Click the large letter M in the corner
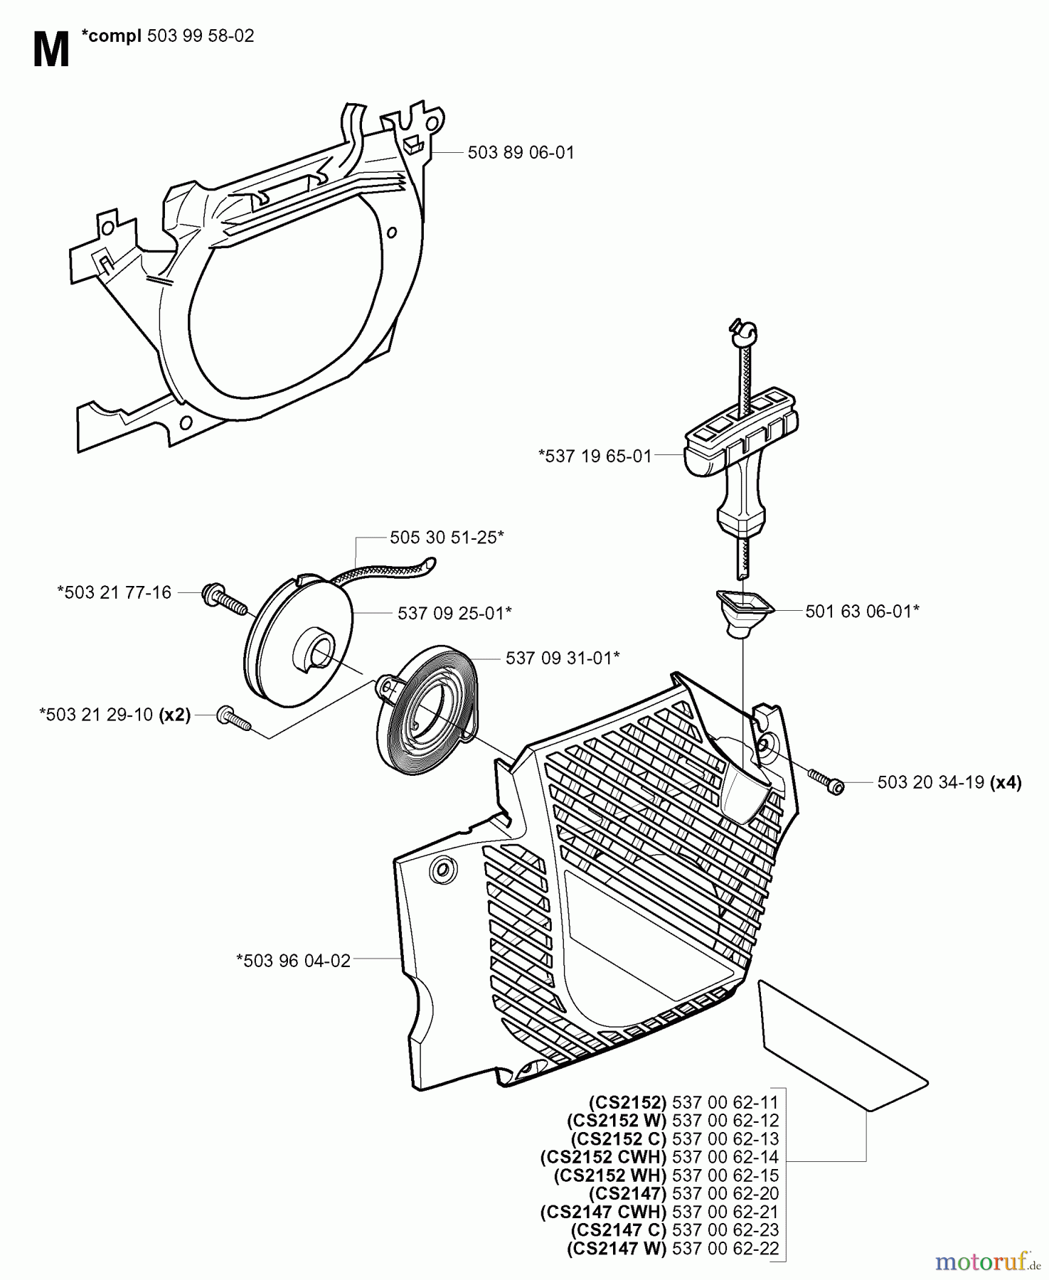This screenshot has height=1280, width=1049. pyautogui.click(x=51, y=51)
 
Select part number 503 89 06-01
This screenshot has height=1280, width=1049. pyautogui.click(x=521, y=153)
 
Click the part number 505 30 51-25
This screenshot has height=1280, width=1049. pyautogui.click(x=446, y=538)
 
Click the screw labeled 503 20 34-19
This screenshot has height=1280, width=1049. pyautogui.click(x=825, y=779)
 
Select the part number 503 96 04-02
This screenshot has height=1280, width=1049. pyautogui.click(x=293, y=961)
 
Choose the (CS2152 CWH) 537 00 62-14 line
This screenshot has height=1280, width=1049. pyautogui.click(x=659, y=1157)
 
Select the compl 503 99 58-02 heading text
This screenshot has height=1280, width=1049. pyautogui.click(x=167, y=36)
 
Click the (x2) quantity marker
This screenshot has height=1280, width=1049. pyautogui.click(x=175, y=715)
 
